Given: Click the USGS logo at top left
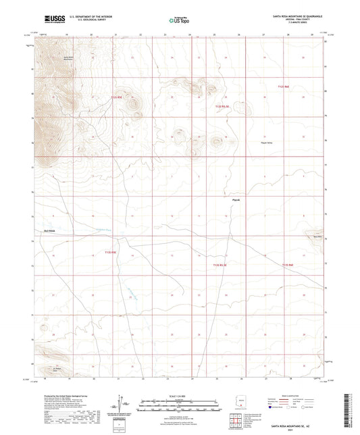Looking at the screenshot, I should (x=51, y=20).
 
